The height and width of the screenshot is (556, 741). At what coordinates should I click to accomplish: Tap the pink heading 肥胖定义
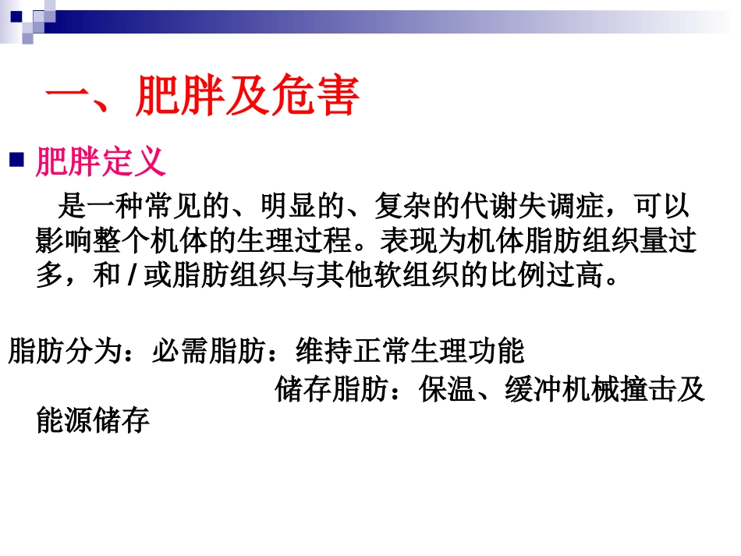click(101, 162)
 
